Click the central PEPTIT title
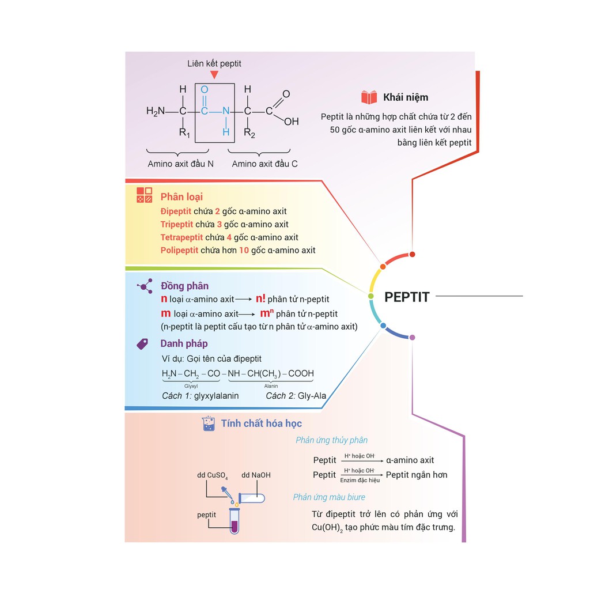[407, 297]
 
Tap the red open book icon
[369, 97]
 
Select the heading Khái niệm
[406, 97]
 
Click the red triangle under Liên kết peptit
[214, 75]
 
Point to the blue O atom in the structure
[205, 89]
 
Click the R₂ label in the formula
[249, 133]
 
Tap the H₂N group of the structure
[156, 111]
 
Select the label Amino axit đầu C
[264, 164]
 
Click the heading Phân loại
[181, 196]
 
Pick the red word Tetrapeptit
[181, 237]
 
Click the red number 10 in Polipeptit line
[244, 250]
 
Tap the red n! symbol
[260, 298]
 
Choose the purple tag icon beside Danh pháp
[142, 343]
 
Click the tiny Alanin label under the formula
[271, 386]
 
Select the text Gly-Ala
[312, 395]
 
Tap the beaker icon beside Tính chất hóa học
[209, 423]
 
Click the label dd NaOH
[256, 475]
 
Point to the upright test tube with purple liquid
[235, 521]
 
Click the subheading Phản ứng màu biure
[329, 497]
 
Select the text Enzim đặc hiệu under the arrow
[360, 480]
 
